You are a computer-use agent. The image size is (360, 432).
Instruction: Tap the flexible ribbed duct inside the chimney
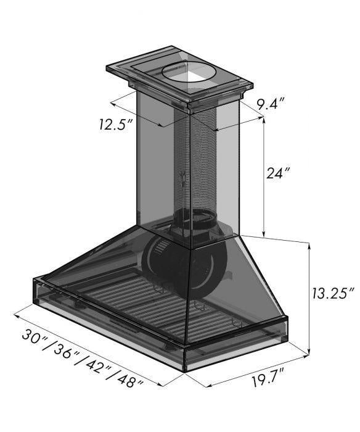coord(202,167)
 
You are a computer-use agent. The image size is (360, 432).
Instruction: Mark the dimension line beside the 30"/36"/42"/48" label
coord(92,349)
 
